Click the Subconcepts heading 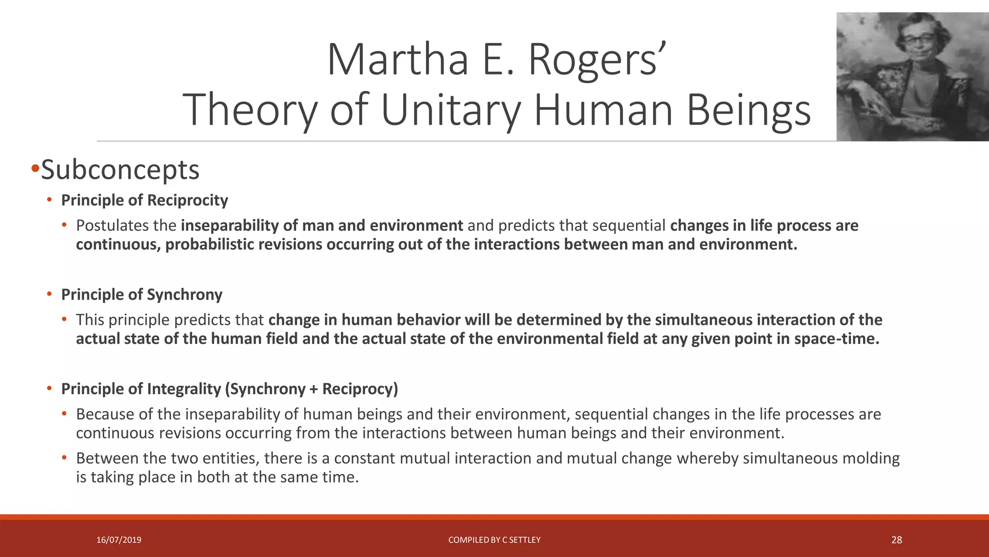[120, 170]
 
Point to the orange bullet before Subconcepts [35, 169]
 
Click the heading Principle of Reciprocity [144, 200]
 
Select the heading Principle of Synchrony [141, 294]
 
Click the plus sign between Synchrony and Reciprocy [313, 389]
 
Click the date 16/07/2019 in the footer [119, 540]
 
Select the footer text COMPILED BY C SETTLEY [494, 540]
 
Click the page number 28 [896, 540]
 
